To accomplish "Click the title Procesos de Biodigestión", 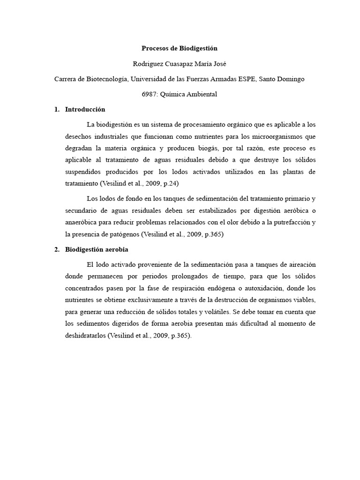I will coord(180,48).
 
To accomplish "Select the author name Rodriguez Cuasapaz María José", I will coord(180,64).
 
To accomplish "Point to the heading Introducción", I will coord(85,109).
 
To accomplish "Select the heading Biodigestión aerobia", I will coord(97,249).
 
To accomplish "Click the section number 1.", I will coord(57,109).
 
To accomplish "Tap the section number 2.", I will coord(57,249).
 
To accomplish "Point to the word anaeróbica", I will coord(82,222).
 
